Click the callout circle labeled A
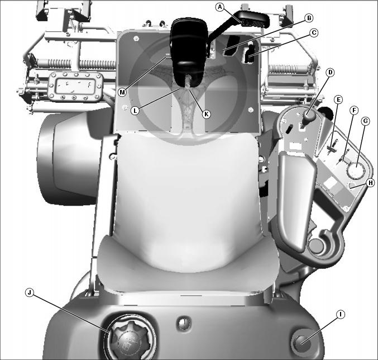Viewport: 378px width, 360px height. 219,7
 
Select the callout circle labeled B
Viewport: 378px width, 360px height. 309,18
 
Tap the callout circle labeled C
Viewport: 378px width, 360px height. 314,32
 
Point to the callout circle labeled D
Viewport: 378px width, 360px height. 330,72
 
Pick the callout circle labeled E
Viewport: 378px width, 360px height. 338,100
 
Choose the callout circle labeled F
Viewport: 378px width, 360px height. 354,111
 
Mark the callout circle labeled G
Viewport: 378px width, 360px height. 366,121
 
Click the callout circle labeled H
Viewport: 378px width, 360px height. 370,183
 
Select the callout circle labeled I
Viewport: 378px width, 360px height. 341,314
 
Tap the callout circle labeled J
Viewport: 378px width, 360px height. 30,293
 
